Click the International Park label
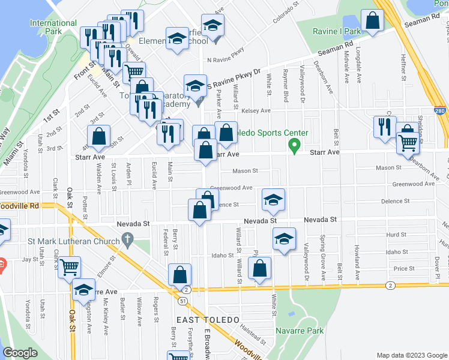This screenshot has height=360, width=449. (53, 26)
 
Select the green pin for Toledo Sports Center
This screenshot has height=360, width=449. (294, 145)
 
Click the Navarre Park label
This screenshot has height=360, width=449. (300, 331)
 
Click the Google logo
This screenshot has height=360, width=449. (20, 353)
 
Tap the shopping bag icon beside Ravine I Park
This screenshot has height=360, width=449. (372, 21)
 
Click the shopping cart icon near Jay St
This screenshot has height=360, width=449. (70, 266)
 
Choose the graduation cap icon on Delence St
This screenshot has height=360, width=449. (273, 200)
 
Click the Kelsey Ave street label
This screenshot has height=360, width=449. (256, 111)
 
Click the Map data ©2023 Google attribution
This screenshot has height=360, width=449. (411, 355)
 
